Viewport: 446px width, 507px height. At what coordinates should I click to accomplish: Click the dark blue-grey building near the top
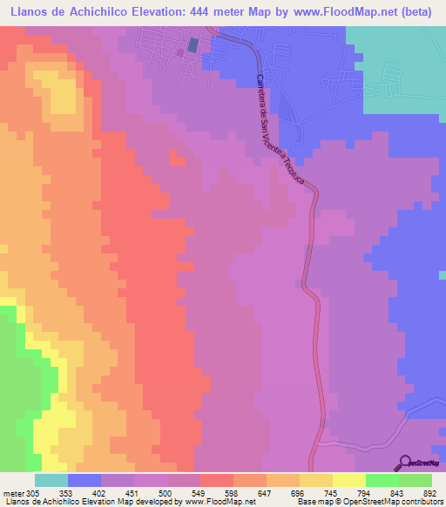193,44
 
